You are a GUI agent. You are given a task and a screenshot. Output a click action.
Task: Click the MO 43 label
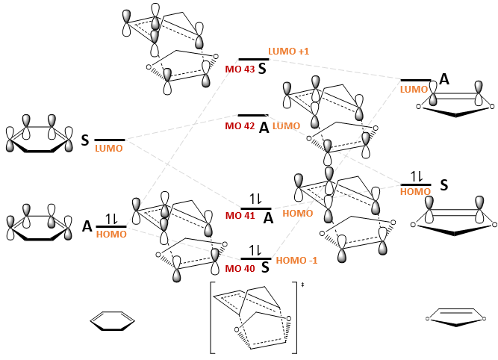tap(240, 69)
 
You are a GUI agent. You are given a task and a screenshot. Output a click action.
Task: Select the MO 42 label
tap(240, 126)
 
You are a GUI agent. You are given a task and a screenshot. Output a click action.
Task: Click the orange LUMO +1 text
tap(288, 51)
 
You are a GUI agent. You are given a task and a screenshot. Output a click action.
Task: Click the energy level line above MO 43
tap(253, 59)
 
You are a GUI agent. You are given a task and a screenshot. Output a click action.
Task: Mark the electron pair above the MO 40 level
tap(255, 250)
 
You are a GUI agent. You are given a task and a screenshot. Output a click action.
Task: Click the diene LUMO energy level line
tap(109, 140)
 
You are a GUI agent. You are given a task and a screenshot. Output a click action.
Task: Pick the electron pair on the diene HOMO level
tap(111, 219)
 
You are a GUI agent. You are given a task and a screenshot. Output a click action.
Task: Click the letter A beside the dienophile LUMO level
tap(443, 79)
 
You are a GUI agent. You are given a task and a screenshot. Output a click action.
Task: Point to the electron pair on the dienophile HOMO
tap(416, 177)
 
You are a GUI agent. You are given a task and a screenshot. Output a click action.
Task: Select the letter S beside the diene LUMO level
tap(85, 140)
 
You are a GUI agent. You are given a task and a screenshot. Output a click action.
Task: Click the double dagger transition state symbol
tap(302, 285)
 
